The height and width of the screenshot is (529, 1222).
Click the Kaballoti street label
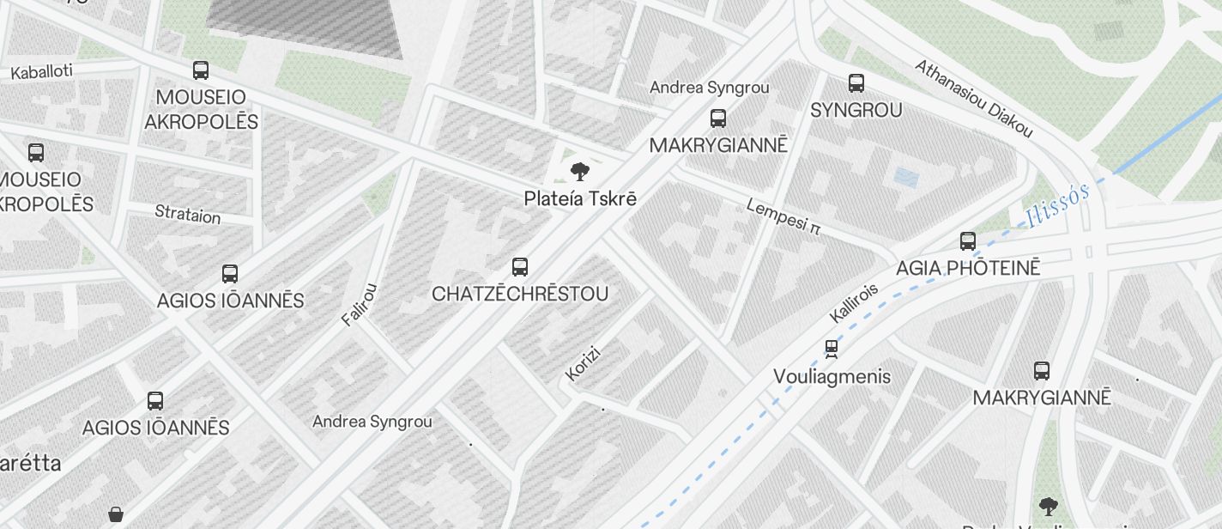coord(41,72)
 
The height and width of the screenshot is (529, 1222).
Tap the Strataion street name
coord(187,214)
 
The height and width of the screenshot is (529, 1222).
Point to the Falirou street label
coord(360,305)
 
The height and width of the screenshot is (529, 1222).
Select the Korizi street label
coord(583,363)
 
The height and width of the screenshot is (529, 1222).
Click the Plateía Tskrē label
coord(580,198)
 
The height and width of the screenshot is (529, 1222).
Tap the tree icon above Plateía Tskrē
coord(580,171)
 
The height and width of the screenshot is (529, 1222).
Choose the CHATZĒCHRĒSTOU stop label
coord(520,294)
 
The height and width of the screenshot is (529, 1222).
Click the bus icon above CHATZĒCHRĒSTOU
coord(520,267)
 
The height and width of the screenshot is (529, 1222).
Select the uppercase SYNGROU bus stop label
coord(856,110)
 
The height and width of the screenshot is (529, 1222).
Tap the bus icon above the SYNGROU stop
coord(856,83)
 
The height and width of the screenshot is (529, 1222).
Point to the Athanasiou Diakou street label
coord(973,99)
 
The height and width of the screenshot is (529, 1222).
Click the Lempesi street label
coord(783,217)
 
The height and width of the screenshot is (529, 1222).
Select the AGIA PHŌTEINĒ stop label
coord(968,268)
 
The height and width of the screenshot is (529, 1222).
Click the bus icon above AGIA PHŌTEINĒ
coord(968,241)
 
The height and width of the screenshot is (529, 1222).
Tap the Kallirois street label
coord(854,303)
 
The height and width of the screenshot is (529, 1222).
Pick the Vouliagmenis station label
coord(832,376)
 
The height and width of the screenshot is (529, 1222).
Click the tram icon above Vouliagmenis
coord(831,349)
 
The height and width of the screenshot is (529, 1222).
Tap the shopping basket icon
coord(116,515)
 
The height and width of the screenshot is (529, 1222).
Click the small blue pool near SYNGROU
coord(906,178)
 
